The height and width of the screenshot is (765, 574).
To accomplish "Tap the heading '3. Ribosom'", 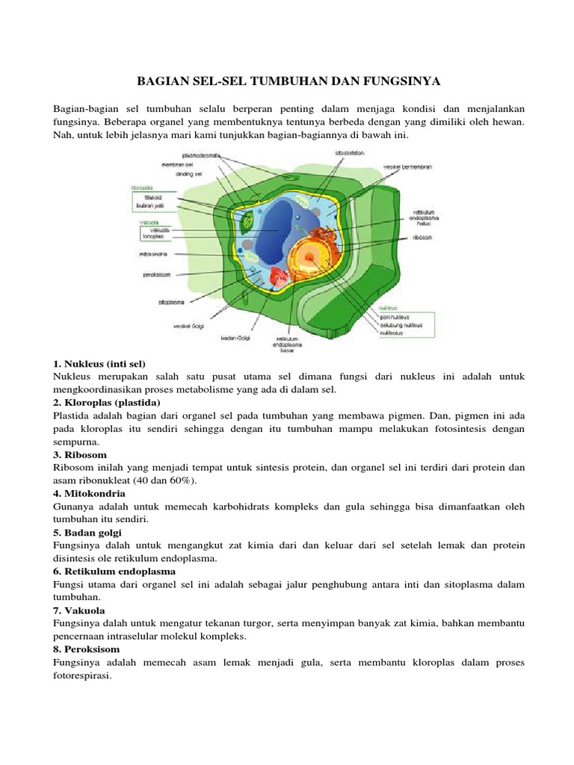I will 80,454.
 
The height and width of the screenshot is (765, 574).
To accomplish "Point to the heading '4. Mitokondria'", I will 90,494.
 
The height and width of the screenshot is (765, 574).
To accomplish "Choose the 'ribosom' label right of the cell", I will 421,238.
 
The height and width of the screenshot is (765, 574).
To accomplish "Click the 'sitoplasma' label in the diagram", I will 171,303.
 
